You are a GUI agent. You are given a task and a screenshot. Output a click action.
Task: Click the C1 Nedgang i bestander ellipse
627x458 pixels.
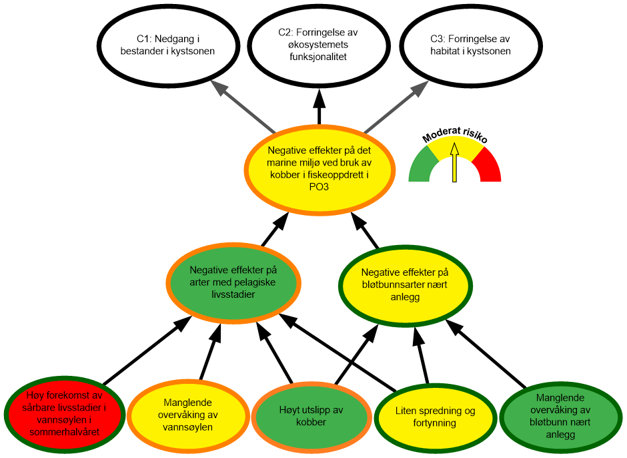167,45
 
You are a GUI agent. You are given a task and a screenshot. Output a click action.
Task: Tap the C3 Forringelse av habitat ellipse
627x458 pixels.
470,45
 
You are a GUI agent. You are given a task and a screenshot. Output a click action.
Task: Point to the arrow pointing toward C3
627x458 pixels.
396,107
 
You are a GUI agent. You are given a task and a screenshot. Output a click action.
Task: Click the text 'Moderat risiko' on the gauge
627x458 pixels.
455,136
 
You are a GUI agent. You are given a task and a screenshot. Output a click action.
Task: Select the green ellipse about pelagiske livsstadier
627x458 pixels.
233,282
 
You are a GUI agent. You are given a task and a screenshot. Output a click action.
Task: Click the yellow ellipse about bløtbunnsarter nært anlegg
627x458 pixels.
405,284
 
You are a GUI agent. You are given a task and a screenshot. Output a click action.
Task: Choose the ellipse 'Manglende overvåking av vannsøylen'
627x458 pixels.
187,415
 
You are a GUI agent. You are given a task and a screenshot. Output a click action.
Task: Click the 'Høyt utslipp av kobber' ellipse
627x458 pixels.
311,416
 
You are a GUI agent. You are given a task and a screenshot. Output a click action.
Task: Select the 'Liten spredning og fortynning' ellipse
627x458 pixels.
435,417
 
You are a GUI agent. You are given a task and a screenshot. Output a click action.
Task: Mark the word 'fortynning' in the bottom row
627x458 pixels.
435,423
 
